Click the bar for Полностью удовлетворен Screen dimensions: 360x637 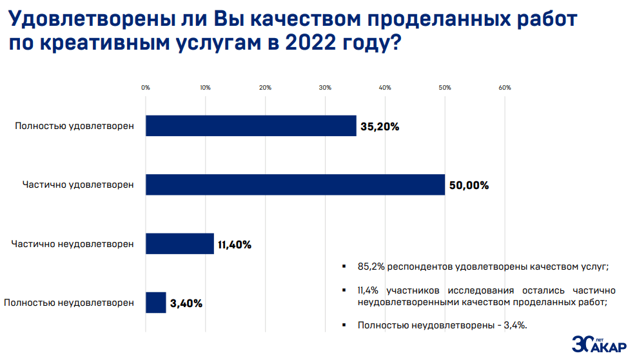coord(251,126)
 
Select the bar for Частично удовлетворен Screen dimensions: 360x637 coord(295,185)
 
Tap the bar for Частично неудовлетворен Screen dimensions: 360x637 coord(179,244)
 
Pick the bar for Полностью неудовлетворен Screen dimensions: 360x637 coord(155,303)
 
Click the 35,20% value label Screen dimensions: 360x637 coord(380,126)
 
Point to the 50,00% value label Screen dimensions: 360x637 coord(469,185)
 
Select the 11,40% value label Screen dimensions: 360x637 coord(234,245)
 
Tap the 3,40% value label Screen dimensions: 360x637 coord(186,303)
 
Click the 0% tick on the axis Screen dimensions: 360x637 coord(146,88)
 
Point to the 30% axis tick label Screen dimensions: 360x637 coord(325,88)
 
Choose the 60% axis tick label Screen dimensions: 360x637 coord(505,88)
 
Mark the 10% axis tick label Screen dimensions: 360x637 coord(205,88)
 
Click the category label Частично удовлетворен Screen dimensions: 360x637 coord(78,185)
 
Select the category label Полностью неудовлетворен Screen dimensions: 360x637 coord(69,303)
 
